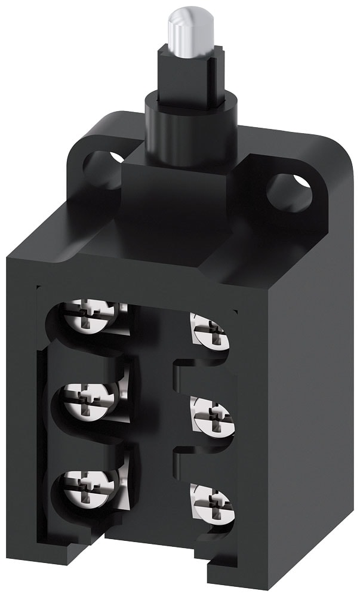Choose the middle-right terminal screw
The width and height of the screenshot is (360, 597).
coord(210,414)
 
